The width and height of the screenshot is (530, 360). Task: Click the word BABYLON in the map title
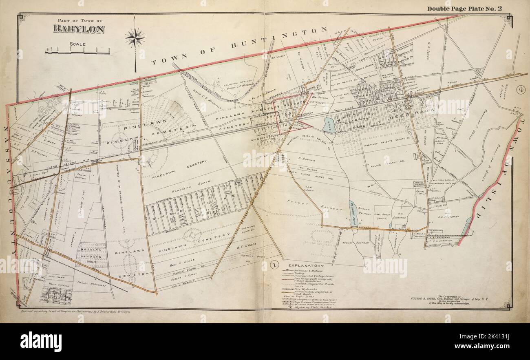(79, 29)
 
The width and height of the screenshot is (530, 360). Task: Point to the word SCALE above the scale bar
(77, 44)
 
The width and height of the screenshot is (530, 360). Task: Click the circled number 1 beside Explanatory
(275, 265)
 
